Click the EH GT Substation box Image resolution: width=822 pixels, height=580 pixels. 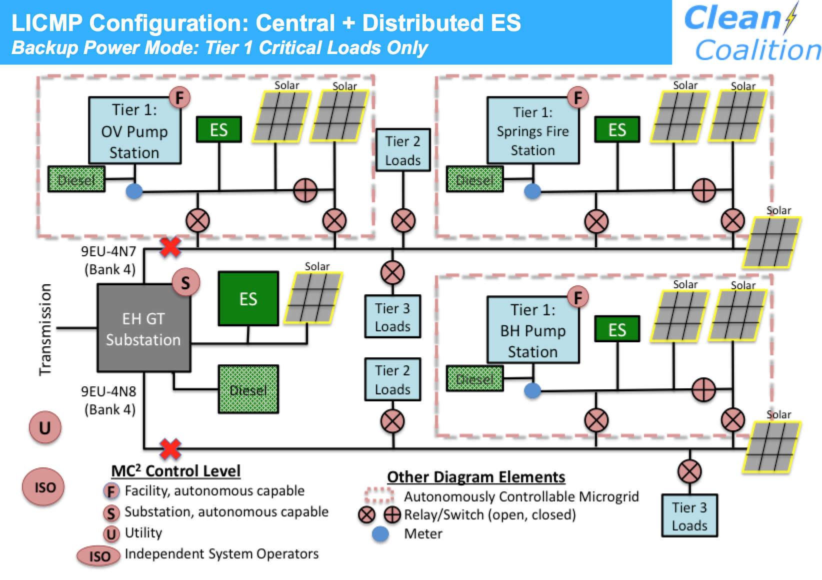(x=143, y=328)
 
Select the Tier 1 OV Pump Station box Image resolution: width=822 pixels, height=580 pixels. (x=134, y=131)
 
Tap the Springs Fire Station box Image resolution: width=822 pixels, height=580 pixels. (x=533, y=131)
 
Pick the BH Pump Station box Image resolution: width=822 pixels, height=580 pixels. (x=533, y=330)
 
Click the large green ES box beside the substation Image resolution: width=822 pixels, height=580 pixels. (x=248, y=299)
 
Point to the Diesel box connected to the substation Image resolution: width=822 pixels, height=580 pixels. (x=248, y=389)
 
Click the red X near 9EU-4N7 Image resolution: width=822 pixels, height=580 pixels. (x=170, y=247)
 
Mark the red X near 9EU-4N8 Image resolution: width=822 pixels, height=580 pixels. (x=170, y=448)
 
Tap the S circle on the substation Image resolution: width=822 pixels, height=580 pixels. (x=185, y=283)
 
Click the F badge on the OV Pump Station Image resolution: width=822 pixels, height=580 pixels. (x=179, y=98)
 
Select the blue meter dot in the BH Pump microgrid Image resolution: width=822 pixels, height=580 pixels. (x=532, y=390)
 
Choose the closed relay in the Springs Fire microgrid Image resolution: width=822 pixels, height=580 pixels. (x=703, y=190)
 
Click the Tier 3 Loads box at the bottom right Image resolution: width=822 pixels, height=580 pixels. (x=689, y=515)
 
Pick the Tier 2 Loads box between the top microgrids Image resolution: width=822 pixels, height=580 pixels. (x=403, y=150)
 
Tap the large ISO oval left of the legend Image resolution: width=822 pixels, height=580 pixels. (x=43, y=487)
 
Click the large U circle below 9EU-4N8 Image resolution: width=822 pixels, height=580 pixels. (x=45, y=428)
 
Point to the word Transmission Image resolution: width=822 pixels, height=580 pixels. (x=45, y=329)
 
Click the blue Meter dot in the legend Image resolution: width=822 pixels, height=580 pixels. (x=380, y=534)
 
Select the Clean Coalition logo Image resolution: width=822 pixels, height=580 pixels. (x=750, y=33)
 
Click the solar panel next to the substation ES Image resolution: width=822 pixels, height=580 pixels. (x=313, y=298)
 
